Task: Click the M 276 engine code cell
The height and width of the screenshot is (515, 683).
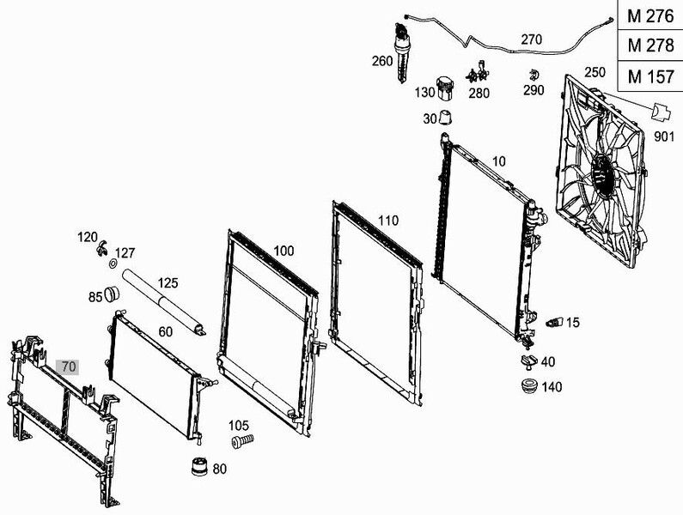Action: [x=650, y=15]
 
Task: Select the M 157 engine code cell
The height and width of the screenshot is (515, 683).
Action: [x=650, y=76]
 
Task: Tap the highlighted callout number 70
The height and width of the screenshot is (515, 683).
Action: [x=68, y=367]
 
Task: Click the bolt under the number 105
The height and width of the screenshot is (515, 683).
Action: [x=242, y=441]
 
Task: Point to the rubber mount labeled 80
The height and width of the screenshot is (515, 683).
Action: [x=200, y=466]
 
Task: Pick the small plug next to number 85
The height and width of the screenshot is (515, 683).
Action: [x=112, y=294]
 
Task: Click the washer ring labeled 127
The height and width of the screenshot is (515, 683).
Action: [x=113, y=264]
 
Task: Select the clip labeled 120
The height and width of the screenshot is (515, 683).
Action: [x=101, y=248]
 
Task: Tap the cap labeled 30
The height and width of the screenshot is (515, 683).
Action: [x=446, y=117]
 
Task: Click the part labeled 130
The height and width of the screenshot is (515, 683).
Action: [x=446, y=88]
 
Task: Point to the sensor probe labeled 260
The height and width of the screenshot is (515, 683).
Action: [x=400, y=52]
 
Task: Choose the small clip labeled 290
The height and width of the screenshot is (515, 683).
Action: [x=534, y=76]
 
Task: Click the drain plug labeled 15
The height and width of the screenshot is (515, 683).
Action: [x=554, y=322]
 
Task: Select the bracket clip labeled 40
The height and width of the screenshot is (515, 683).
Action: [x=529, y=361]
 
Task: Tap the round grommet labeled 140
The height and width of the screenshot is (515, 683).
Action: [x=530, y=385]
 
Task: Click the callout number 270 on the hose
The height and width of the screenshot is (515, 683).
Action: [x=532, y=39]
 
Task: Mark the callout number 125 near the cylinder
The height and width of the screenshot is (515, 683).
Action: [x=168, y=283]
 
